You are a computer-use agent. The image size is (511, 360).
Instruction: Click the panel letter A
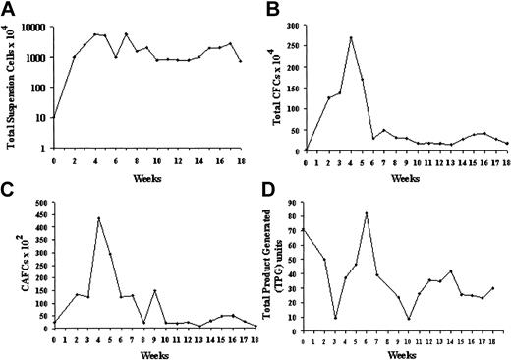coord(7,9)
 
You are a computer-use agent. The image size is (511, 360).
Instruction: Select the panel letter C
coord(7,189)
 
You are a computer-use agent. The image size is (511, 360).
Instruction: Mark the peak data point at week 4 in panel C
coord(98,218)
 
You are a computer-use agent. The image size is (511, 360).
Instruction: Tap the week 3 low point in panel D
coord(336,317)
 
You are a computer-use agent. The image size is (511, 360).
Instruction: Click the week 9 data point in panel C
coord(154,291)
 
